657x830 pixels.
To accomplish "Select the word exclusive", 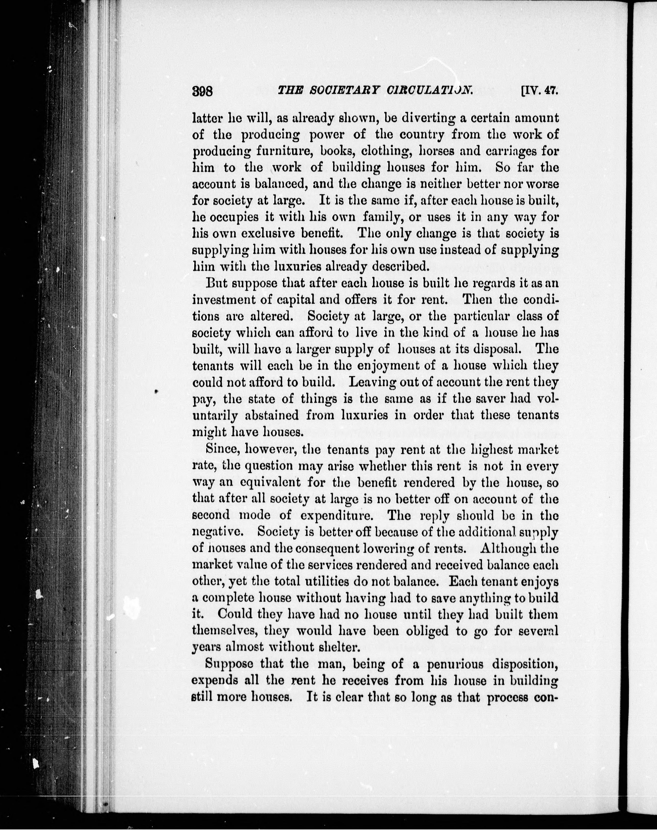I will [x=290, y=233].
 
